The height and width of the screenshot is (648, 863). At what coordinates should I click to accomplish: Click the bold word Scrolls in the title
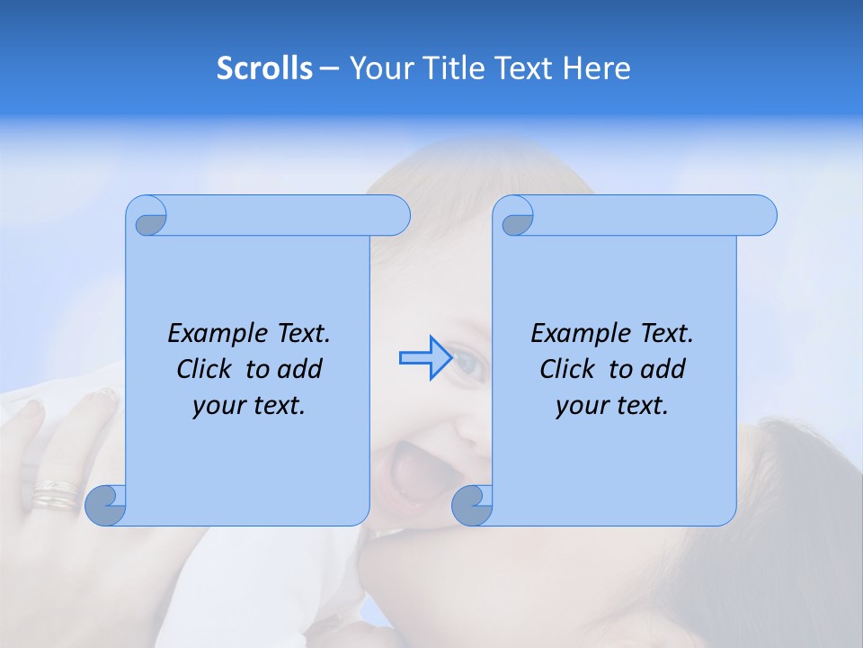[265, 68]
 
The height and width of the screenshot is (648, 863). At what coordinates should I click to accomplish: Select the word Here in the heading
[597, 68]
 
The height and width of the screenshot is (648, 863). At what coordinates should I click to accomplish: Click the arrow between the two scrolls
[424, 357]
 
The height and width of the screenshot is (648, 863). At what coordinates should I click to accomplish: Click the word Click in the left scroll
[205, 369]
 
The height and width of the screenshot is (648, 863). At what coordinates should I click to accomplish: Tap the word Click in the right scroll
[567, 369]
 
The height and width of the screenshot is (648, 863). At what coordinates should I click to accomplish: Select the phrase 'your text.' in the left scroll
[249, 406]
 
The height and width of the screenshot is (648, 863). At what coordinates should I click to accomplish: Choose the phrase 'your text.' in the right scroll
[612, 406]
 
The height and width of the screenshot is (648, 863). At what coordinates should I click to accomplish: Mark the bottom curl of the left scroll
[106, 505]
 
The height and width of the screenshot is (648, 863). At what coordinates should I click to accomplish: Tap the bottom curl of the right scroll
[472, 505]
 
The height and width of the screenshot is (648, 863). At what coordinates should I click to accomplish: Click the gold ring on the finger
[56, 495]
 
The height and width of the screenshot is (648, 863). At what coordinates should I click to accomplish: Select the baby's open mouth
[416, 472]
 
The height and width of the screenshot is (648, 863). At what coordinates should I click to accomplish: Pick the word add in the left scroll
[301, 369]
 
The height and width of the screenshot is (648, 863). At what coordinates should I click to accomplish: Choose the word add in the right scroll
[664, 369]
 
